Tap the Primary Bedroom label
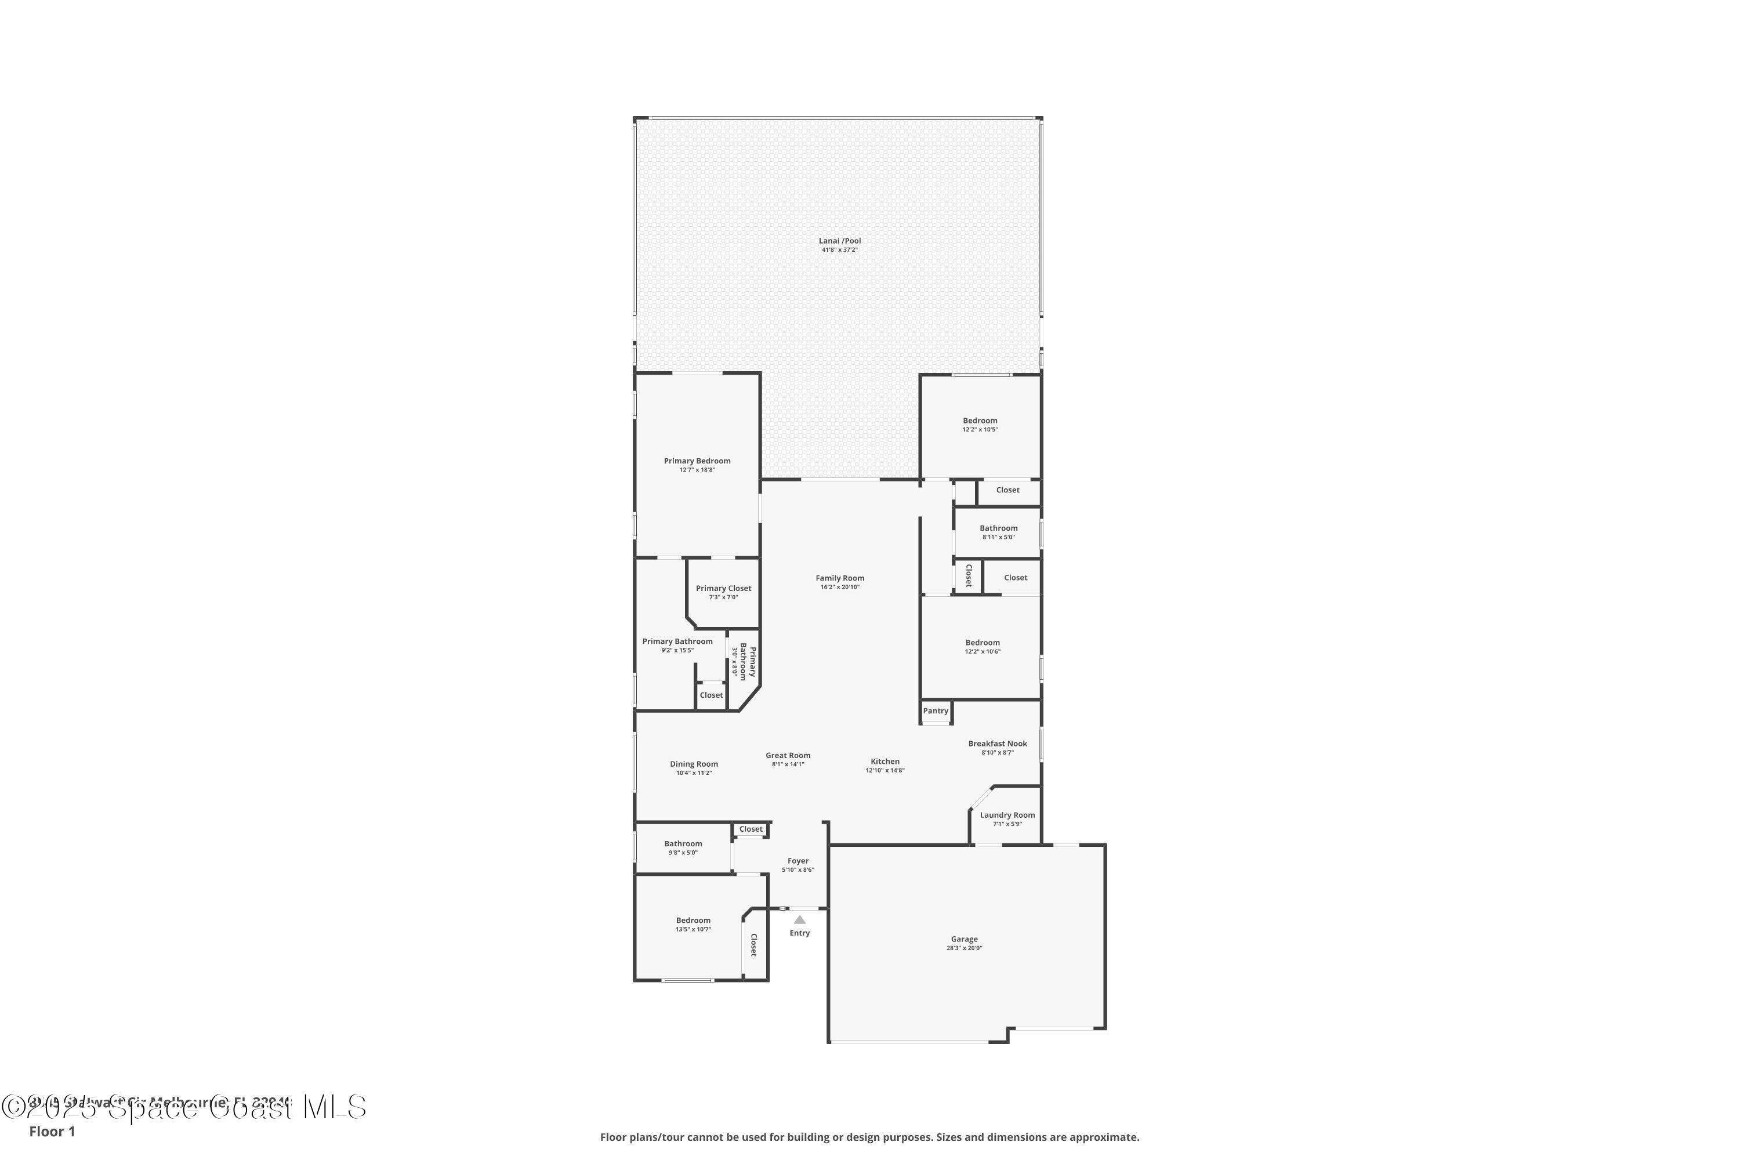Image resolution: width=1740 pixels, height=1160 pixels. click(x=697, y=461)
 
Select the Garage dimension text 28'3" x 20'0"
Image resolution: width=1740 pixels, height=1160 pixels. click(x=964, y=948)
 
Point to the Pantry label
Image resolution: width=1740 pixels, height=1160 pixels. click(x=935, y=711)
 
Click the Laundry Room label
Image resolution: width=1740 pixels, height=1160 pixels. click(x=1007, y=815)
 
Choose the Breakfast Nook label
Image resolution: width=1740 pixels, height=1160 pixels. click(x=997, y=744)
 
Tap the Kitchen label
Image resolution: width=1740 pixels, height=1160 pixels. click(x=885, y=761)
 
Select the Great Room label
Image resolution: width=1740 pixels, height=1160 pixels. click(x=788, y=755)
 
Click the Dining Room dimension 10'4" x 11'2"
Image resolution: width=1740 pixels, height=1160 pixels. click(x=693, y=773)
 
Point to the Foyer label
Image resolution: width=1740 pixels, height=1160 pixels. click(x=797, y=861)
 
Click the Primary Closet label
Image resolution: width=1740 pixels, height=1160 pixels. click(x=723, y=589)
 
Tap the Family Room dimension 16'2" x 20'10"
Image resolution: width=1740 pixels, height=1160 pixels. click(x=840, y=588)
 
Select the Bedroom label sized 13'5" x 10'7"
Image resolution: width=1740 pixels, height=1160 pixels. click(x=693, y=920)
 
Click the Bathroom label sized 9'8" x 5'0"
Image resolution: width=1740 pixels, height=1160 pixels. click(x=683, y=843)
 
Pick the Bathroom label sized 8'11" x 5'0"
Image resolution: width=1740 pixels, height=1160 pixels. click(x=998, y=528)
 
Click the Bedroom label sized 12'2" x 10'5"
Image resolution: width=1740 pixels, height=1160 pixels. click(x=980, y=420)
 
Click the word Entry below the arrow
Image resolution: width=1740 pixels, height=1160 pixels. click(x=800, y=934)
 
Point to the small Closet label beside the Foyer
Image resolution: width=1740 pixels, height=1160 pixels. click(x=750, y=829)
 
